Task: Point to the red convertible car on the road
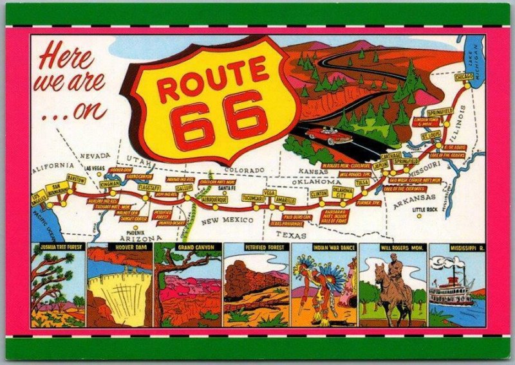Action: pos(329,136)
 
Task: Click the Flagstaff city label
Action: pos(149,187)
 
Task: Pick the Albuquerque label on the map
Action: pos(214,199)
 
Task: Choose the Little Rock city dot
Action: pos(419,215)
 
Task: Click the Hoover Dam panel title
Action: pos(120,247)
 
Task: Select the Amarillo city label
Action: pos(285,200)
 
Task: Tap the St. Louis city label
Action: pos(431,136)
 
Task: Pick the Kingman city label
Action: pos(109,184)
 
